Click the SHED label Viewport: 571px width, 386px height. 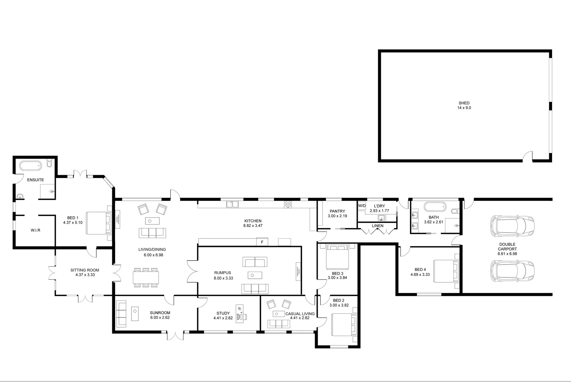(x=464, y=103)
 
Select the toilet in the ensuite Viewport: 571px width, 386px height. (x=50, y=164)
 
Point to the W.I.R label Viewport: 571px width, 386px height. (x=35, y=230)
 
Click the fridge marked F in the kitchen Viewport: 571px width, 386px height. (x=262, y=242)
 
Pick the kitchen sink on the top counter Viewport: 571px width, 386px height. (x=232, y=204)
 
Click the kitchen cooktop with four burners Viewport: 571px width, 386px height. (x=288, y=204)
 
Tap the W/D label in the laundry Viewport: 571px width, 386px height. (x=362, y=206)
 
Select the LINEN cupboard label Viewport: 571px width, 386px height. (x=377, y=226)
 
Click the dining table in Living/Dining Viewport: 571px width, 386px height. (x=145, y=277)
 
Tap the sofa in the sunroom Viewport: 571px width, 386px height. (x=121, y=314)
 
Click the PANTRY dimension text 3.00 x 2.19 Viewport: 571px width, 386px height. (x=337, y=216)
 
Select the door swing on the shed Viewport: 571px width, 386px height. (x=527, y=157)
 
